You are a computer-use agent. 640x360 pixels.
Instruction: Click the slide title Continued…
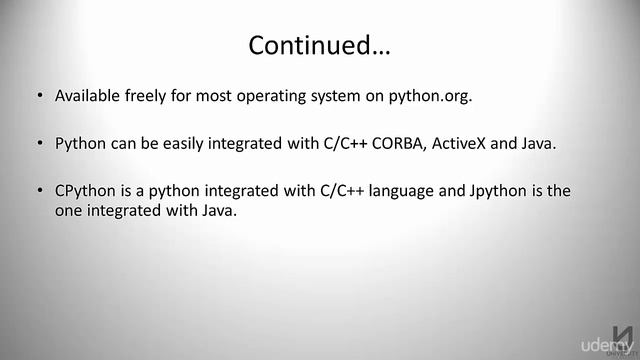point(319,45)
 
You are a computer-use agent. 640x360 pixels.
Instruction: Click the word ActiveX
point(463,143)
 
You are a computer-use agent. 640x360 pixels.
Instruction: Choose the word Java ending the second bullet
point(537,143)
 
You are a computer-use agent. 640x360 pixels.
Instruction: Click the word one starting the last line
point(69,210)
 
